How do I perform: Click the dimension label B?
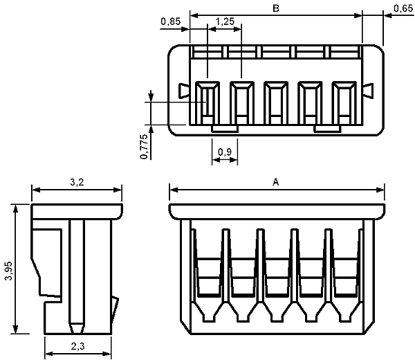pos(276,8)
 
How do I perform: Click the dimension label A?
pos(276,182)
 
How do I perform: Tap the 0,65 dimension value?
pos(403,9)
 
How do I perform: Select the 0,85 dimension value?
pos(171,21)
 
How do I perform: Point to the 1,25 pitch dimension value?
pos(225,21)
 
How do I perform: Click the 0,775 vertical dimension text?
pos(144,147)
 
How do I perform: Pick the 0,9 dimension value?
pos(225,152)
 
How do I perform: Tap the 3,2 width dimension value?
pos(77,182)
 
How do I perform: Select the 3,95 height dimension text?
pos(8,271)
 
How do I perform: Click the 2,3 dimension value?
pos(77,346)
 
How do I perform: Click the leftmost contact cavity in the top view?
pos(207,102)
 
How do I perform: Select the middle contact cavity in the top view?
pos(276,102)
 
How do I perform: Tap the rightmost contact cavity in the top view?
pos(344,102)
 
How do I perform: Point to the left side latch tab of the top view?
pos(184,91)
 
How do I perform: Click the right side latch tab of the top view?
pos(368,91)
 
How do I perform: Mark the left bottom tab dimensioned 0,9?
pos(225,129)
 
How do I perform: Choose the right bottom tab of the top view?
pos(327,129)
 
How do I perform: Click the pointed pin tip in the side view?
pos(77,328)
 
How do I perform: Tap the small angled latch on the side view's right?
pos(115,309)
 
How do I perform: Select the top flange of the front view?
pos(277,212)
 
